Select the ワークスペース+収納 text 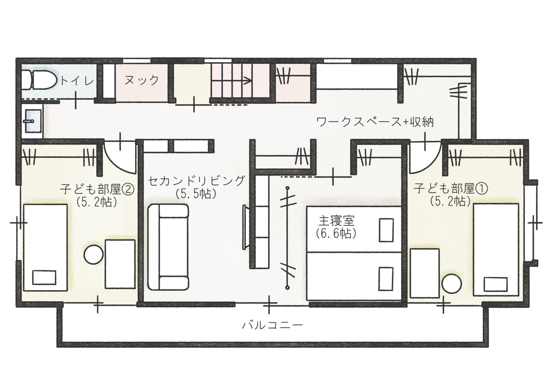coord(375,122)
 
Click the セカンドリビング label coord(197,181)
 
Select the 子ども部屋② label coord(97,189)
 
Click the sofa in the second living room coord(168,246)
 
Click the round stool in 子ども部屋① coord(452,283)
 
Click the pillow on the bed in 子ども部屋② coord(44,277)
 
